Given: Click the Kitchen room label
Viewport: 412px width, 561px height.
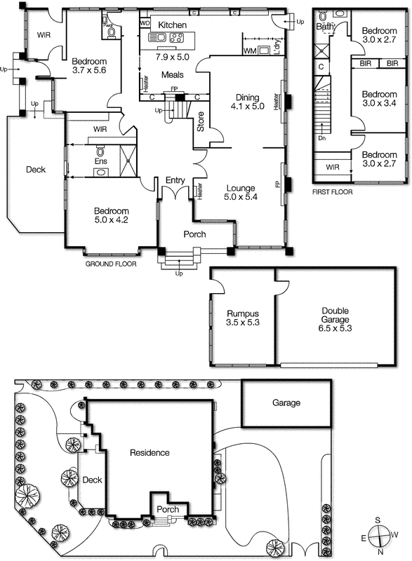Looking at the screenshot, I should [172, 25].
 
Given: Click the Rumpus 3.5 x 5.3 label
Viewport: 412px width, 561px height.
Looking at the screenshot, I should [243, 319].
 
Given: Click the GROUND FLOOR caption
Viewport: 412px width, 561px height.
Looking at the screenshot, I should [109, 265].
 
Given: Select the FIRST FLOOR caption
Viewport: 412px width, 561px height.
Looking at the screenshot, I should [333, 191].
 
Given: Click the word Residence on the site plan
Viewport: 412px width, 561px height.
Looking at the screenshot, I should [149, 453].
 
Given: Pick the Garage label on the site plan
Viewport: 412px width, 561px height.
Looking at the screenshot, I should [286, 403].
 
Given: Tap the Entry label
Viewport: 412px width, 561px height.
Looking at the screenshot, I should [175, 181].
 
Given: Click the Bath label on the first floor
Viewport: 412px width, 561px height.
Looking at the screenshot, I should [325, 27].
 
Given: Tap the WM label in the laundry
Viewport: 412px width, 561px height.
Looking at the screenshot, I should [249, 51].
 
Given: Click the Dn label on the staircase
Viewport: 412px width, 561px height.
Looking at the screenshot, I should [322, 138].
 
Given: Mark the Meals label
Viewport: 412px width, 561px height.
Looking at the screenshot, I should [173, 74].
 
